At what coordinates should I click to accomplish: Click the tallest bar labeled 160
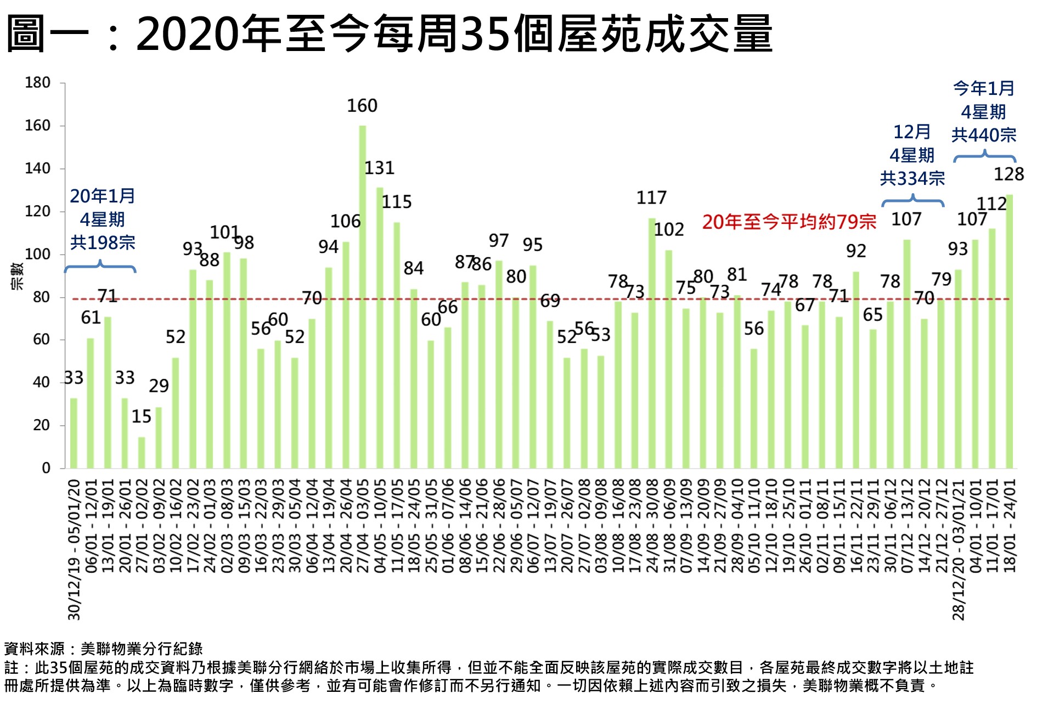tap(362, 296)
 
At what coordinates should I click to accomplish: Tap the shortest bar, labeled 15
tap(142, 452)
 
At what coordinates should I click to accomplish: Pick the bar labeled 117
tap(652, 343)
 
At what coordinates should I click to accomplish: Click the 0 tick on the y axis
tap(46, 468)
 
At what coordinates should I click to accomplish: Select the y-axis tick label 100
tap(37, 254)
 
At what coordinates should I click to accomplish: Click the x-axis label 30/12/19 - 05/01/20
tap(74, 549)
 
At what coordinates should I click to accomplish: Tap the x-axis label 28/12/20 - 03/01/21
tap(958, 549)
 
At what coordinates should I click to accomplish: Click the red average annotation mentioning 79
tap(789, 222)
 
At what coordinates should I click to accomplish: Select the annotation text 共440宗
tap(984, 135)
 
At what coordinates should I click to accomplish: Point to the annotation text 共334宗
tap(912, 178)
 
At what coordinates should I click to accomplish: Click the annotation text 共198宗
tap(103, 243)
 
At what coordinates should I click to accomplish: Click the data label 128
tap(1008, 174)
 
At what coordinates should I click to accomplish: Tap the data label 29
tap(159, 386)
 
